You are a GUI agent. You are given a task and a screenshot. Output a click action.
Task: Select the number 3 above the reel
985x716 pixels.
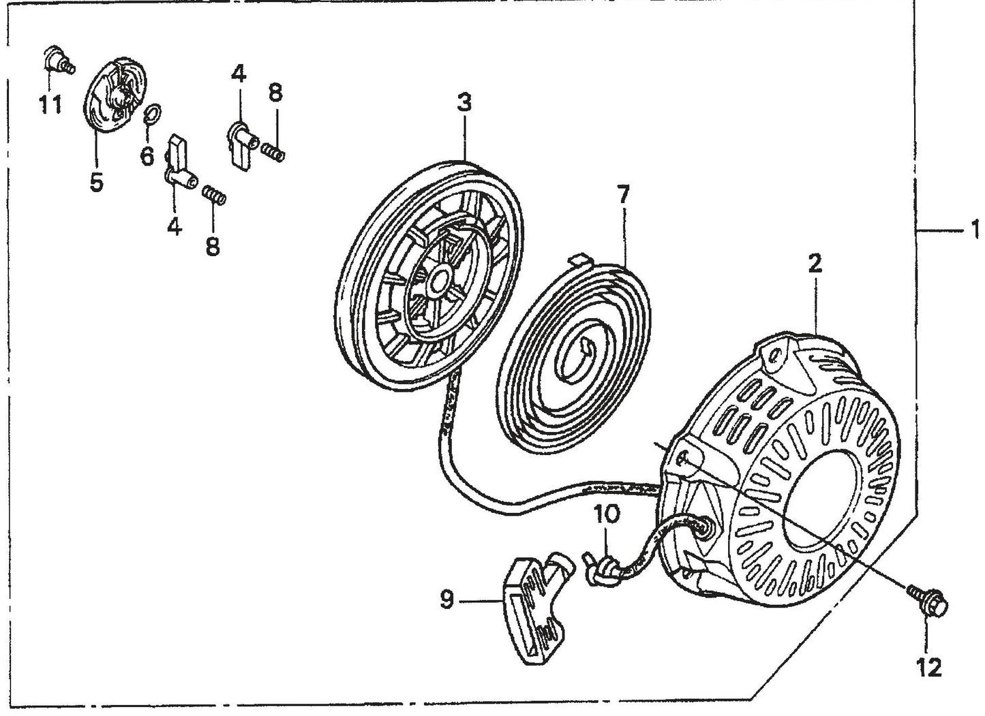[464, 104]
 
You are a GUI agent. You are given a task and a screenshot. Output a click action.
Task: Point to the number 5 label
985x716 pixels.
[96, 182]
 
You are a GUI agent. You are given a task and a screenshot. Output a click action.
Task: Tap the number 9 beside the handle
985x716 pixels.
[446, 601]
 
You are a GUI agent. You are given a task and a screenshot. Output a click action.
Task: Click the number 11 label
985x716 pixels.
[50, 105]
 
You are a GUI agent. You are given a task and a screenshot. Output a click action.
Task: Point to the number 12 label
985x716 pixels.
[930, 668]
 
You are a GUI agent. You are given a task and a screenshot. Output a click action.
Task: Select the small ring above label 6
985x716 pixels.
[153, 112]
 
